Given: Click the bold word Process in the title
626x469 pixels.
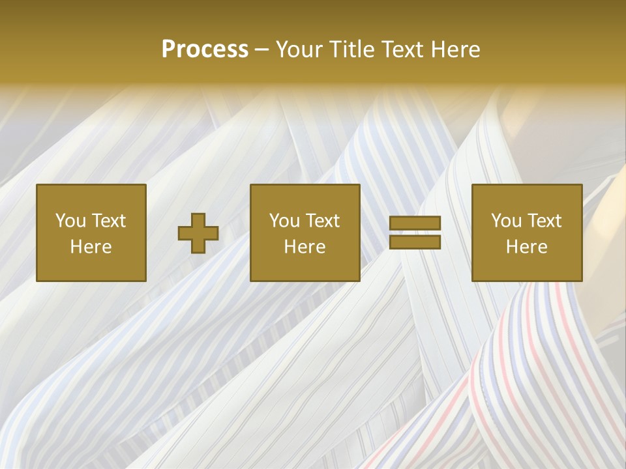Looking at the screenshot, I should coord(205,50).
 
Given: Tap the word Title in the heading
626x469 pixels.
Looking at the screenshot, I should coord(353,50).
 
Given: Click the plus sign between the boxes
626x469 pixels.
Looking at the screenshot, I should coord(198,233).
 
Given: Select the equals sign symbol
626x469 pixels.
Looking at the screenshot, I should coord(415,233).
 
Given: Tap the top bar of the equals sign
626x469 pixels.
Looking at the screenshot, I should coord(415,223).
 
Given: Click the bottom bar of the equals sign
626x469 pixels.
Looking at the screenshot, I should coord(415,242).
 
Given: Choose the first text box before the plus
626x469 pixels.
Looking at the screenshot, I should coord(91,233).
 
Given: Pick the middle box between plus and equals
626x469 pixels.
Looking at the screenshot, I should coord(305,233).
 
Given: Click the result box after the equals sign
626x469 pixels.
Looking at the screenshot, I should coord(527,233).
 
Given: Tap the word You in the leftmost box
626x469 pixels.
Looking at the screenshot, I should coord(70,220).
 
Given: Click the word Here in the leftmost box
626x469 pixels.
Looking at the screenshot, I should coord(91,246).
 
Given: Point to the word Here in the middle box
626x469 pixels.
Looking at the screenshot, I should coord(305,246).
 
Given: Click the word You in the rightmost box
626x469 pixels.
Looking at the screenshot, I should coord(506,220).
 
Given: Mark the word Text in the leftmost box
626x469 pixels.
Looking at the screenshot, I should coord(108,220).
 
